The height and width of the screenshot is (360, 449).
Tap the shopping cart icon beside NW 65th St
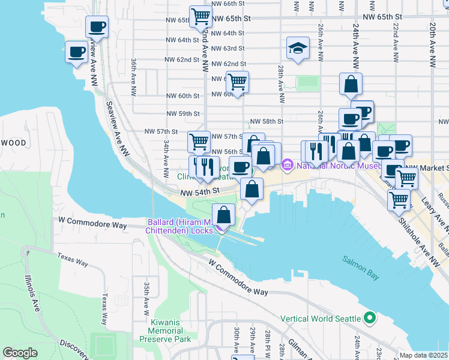pos(200,16)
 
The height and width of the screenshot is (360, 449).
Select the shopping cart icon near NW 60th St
pos(238,82)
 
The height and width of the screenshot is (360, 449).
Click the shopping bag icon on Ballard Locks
pos(224,215)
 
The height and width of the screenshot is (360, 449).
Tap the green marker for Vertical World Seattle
pos(370,317)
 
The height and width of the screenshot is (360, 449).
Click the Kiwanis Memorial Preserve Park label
pos(165,331)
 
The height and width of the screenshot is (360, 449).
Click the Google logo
pos(20,353)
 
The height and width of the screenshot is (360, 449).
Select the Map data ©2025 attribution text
pos(423,355)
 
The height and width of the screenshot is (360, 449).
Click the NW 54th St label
pos(198,191)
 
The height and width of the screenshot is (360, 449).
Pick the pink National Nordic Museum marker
pos(287,164)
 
